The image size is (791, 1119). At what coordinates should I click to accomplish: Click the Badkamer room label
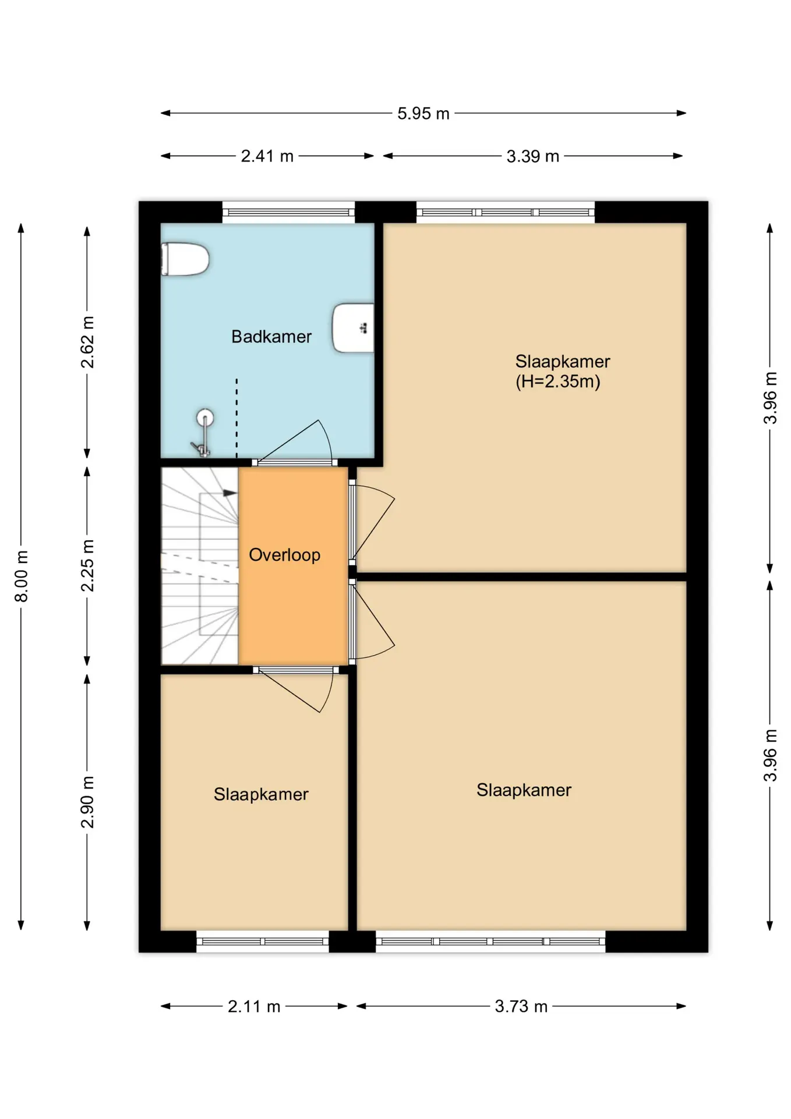click(271, 336)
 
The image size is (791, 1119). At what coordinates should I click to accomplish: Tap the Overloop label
click(284, 555)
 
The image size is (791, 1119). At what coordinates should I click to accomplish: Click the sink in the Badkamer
click(353, 328)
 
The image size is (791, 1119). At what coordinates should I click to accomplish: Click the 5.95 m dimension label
click(423, 114)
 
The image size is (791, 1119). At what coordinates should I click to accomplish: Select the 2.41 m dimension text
click(267, 156)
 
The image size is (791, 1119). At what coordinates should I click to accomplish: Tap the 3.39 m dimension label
click(533, 156)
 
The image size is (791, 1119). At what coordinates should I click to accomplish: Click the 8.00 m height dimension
click(21, 576)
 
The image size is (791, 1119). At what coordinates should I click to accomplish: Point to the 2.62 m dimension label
click(87, 342)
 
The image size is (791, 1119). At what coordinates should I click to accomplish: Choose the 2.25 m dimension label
click(87, 565)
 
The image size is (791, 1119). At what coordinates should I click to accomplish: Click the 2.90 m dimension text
click(87, 802)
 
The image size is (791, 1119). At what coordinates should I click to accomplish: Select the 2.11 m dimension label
click(254, 1007)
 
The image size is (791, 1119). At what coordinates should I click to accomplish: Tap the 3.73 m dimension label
click(521, 1007)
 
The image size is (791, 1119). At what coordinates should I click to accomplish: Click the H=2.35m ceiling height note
click(558, 382)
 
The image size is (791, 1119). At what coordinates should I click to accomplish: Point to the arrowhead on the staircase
click(231, 493)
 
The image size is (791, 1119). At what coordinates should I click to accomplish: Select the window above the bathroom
click(289, 212)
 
